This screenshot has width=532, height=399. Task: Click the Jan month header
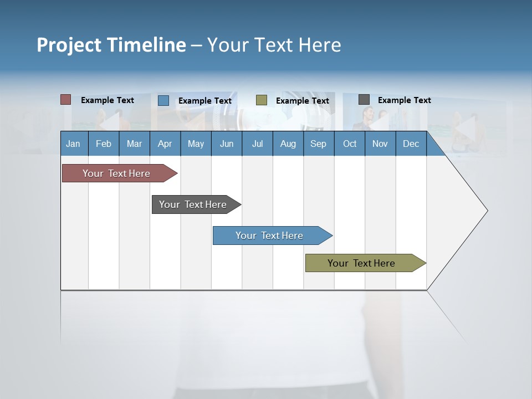(x=73, y=144)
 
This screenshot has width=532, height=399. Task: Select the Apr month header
(x=165, y=144)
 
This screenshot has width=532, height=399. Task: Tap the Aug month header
(x=288, y=144)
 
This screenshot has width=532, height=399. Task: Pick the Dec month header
(x=411, y=144)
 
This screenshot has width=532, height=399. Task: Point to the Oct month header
(x=350, y=144)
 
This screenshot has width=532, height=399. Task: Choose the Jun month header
(x=227, y=144)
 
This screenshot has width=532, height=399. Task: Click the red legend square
(x=66, y=100)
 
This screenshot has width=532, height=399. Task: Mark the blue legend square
(x=163, y=100)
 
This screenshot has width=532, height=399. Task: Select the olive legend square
(x=262, y=100)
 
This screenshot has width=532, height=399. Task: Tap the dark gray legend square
(x=364, y=100)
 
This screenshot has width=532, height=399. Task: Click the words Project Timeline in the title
(x=111, y=45)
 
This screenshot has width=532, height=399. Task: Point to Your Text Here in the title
(x=274, y=45)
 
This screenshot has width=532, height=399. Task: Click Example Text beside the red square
(x=108, y=100)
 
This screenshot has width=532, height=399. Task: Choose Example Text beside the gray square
(x=405, y=100)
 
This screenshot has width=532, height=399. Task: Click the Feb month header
(x=104, y=144)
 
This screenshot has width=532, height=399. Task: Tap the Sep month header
(x=319, y=144)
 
